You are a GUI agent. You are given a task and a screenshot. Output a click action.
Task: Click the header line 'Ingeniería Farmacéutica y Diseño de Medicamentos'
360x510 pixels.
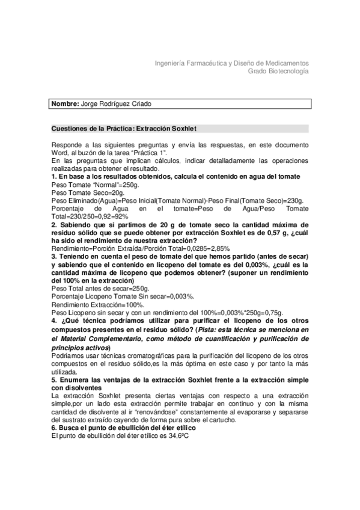click(x=232, y=63)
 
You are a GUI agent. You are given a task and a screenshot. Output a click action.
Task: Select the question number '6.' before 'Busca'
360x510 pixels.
click(x=55, y=428)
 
